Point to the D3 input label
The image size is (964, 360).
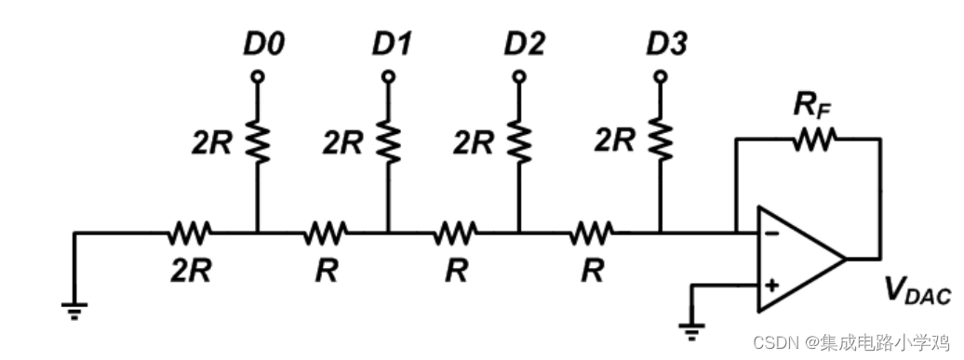(x=666, y=44)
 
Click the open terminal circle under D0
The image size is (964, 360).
(x=258, y=75)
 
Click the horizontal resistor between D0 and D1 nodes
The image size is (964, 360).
(x=326, y=231)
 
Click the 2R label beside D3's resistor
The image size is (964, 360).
(x=615, y=141)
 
